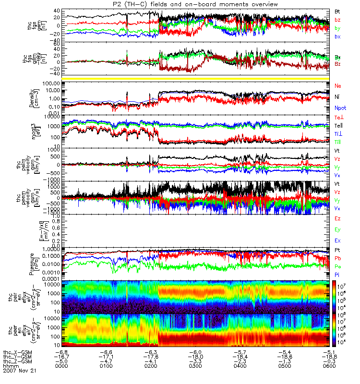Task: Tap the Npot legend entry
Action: click(340, 108)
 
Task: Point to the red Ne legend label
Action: click(337, 85)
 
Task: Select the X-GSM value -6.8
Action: click(62, 351)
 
